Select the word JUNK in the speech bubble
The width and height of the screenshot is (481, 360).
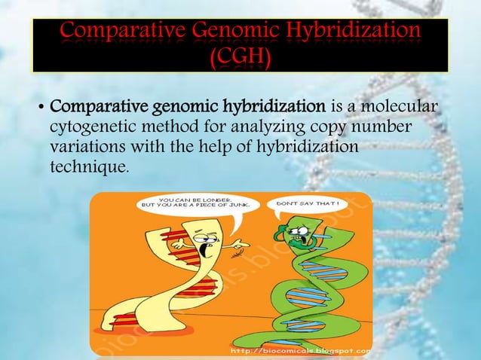tap(246, 208)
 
